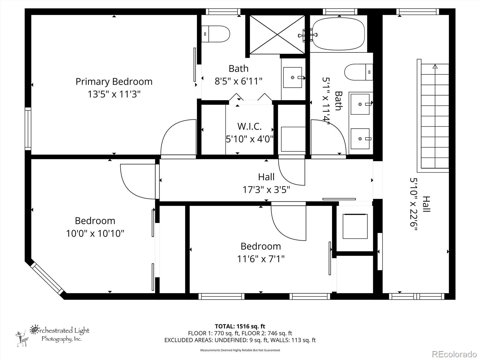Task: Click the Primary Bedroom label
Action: (114, 81)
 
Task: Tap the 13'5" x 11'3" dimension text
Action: (114, 94)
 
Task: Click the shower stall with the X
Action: (277, 35)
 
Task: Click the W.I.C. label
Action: (249, 126)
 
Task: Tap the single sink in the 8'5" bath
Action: (293, 77)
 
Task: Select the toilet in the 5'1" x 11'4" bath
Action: (358, 72)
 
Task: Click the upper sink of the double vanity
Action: (360, 104)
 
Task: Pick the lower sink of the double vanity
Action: (360, 139)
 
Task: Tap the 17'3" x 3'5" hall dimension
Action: (266, 190)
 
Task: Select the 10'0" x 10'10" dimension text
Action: (95, 233)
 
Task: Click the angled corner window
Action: (48, 279)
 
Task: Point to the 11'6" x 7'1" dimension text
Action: (260, 259)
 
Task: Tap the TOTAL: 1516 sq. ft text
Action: (240, 326)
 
